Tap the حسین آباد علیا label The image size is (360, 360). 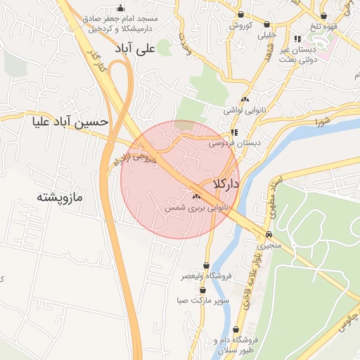click(70, 122)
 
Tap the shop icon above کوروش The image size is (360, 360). click(241, 14)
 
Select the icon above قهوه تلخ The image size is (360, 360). click(323, 15)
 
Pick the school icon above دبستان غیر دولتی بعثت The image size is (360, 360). click(297, 39)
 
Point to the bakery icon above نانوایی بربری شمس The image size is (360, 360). click(195, 197)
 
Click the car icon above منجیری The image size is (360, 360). click(269, 235)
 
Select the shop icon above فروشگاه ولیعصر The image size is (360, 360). click(205, 266)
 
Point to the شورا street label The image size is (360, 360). click(323, 122)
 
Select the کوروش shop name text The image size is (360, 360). click(240, 25)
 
